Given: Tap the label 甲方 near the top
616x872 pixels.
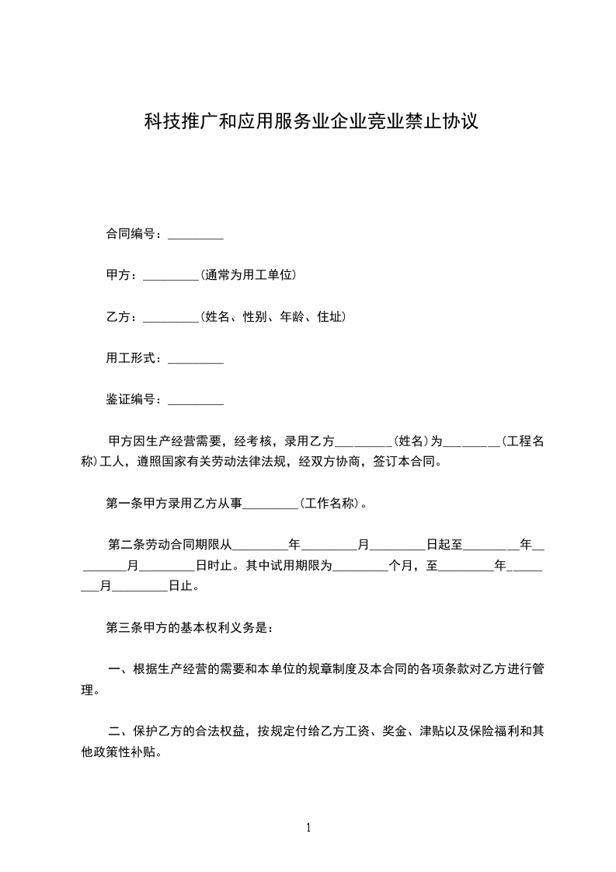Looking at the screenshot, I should [x=118, y=275].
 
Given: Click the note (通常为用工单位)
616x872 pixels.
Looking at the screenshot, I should [x=249, y=275].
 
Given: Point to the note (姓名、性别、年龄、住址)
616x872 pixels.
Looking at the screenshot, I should [x=273, y=317].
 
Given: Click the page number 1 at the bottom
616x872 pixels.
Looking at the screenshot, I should [x=308, y=828].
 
